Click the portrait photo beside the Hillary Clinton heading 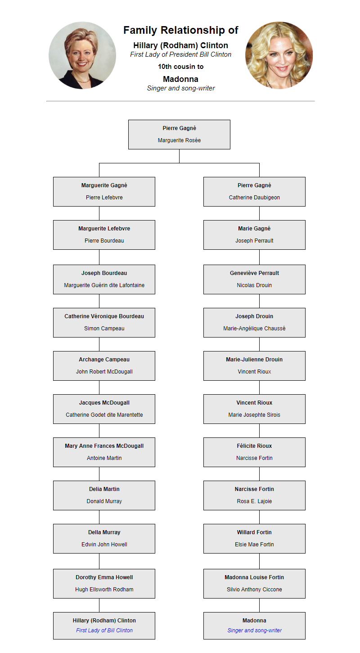click(x=82, y=55)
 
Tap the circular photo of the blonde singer click(x=279, y=55)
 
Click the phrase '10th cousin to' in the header click(x=181, y=67)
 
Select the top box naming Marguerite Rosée click(x=179, y=135)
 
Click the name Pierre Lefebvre click(x=104, y=198)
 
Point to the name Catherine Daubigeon click(x=254, y=198)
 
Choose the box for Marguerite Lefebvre click(x=104, y=234)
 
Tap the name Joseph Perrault click(x=254, y=240)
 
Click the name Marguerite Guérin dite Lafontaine click(x=104, y=285)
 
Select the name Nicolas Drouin click(x=254, y=285)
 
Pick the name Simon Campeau click(x=104, y=328)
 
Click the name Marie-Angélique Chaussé click(x=254, y=328)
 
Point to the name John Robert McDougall click(x=104, y=371)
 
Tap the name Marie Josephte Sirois click(x=254, y=414)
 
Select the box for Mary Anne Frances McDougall click(x=104, y=452)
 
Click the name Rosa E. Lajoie click(x=254, y=501)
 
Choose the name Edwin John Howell click(x=104, y=544)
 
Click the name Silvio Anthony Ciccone click(x=254, y=589)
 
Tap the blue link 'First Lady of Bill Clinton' click(x=104, y=630)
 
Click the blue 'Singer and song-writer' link click(x=254, y=630)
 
